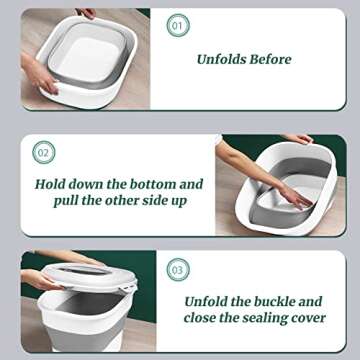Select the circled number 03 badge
[x=177, y=269]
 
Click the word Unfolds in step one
[x=226, y=59]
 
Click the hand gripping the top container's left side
[x=36, y=76]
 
